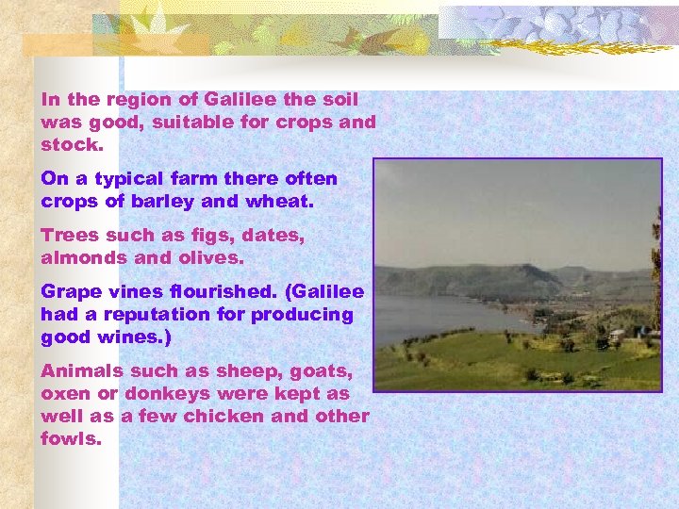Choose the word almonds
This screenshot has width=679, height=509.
(85, 257)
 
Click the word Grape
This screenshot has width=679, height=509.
(73, 291)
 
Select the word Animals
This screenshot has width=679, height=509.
(82, 370)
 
